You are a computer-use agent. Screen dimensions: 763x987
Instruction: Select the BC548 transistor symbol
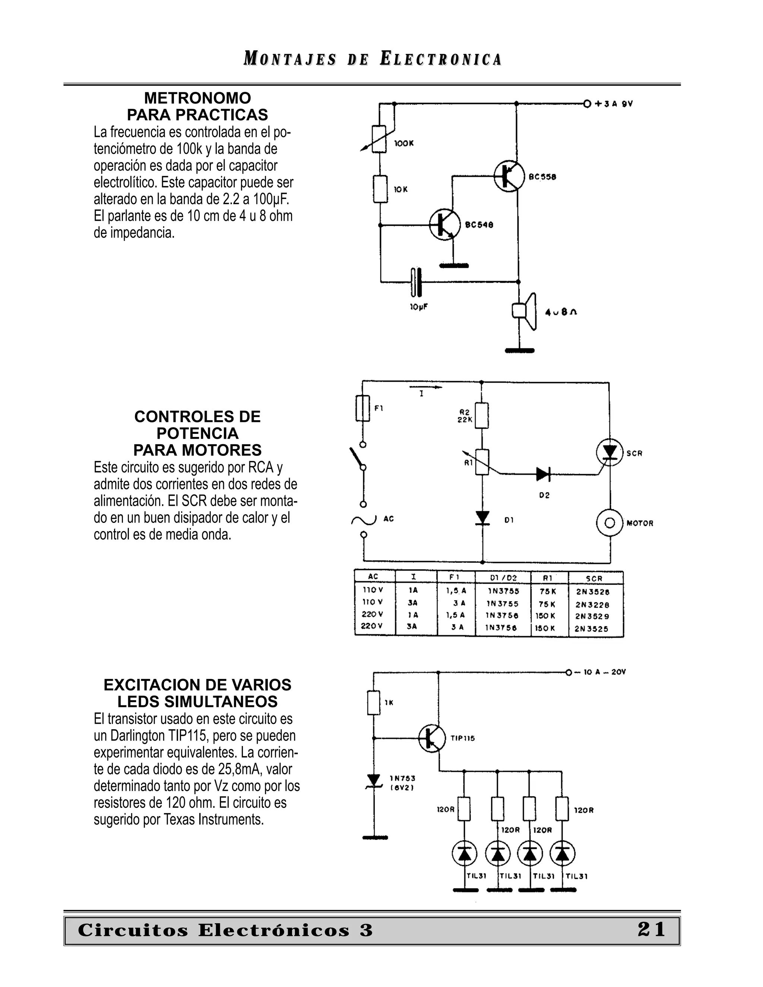tap(445, 224)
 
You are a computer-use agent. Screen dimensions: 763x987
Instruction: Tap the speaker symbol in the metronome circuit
tap(524, 311)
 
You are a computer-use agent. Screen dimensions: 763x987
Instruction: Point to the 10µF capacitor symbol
tap(416, 282)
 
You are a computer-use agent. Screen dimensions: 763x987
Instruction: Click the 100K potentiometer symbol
tap(379, 139)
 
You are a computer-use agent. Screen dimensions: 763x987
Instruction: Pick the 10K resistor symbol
tap(380, 189)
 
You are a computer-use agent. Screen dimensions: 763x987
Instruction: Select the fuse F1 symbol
tap(362, 408)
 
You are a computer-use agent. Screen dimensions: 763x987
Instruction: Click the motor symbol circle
tap(610, 523)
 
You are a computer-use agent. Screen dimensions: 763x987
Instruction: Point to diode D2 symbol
tap(542, 474)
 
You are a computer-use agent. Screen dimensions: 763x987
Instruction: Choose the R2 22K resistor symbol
tap(482, 415)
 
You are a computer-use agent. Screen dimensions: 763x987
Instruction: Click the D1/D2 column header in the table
tap(503, 578)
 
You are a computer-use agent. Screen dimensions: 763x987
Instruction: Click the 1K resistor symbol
tap(373, 703)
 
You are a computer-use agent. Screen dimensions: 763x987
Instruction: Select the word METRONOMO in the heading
tap(197, 98)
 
